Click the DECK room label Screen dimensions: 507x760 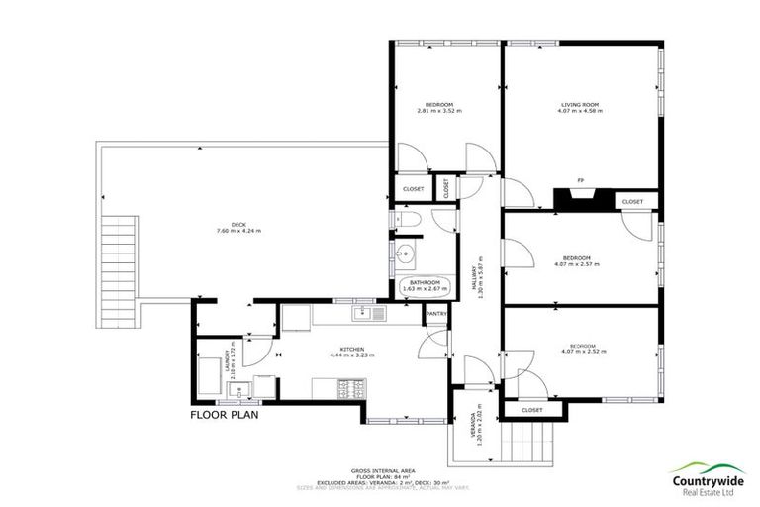[238, 224]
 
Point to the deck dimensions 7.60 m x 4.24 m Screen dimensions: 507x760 [238, 232]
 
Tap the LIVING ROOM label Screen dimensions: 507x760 [580, 104]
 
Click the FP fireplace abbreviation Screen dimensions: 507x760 [581, 180]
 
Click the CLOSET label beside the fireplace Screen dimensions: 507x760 [632, 202]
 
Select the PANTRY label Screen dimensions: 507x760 [436, 314]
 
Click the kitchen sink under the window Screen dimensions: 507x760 [370, 315]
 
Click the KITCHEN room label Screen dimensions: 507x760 [354, 349]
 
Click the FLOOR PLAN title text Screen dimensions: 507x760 [225, 416]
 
